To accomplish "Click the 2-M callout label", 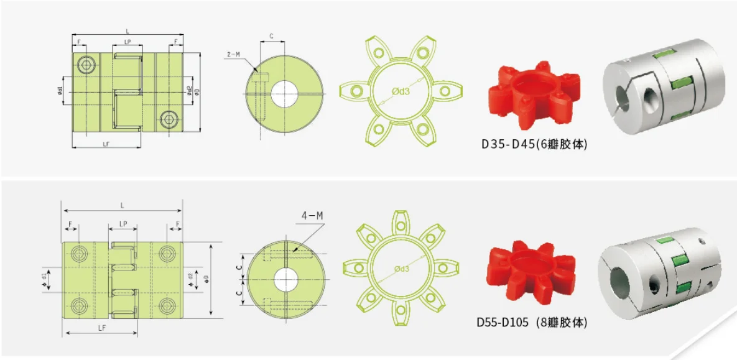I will click(x=233, y=55).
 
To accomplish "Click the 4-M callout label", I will click(x=312, y=216).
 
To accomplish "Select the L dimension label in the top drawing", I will click(x=127, y=30).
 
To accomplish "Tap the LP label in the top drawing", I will click(x=127, y=42).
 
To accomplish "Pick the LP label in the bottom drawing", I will click(x=123, y=223).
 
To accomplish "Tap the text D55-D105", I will click(x=502, y=322).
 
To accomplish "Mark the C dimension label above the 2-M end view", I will click(x=272, y=37).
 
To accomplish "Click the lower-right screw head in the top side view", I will click(x=168, y=118).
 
